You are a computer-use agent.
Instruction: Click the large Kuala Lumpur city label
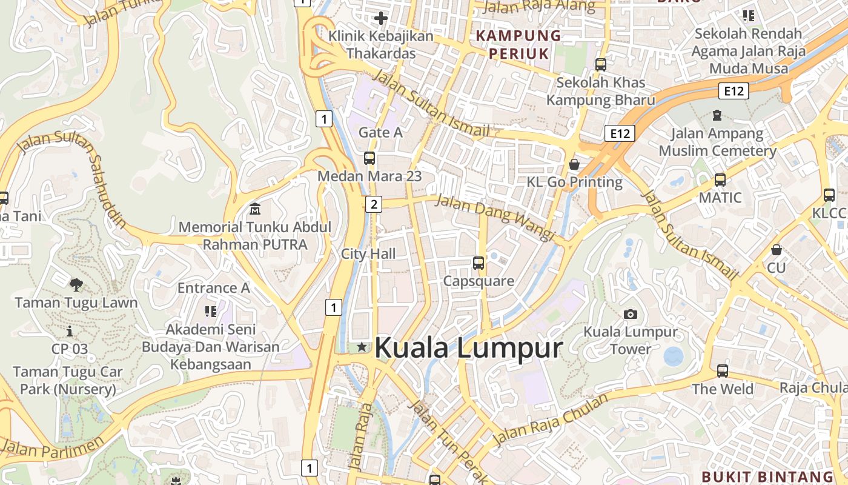469,348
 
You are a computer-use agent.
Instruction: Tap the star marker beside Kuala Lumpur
362,347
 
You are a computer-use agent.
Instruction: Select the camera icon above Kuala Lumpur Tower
631,314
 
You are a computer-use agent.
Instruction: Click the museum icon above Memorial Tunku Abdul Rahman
255,209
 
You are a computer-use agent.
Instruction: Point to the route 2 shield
373,204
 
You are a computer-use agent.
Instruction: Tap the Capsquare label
479,281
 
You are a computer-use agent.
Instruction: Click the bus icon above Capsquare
479,263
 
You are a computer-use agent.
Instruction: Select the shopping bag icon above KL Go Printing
574,164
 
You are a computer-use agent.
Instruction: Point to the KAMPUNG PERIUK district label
518,44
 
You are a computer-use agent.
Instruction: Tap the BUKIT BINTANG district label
767,477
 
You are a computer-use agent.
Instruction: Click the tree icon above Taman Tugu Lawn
76,284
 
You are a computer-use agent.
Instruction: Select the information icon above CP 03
70,331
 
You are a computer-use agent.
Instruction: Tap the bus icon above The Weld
722,371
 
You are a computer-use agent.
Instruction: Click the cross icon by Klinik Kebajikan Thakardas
381,18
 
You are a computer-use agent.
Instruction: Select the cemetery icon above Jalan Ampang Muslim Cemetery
717,115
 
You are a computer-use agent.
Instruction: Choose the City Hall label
368,253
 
